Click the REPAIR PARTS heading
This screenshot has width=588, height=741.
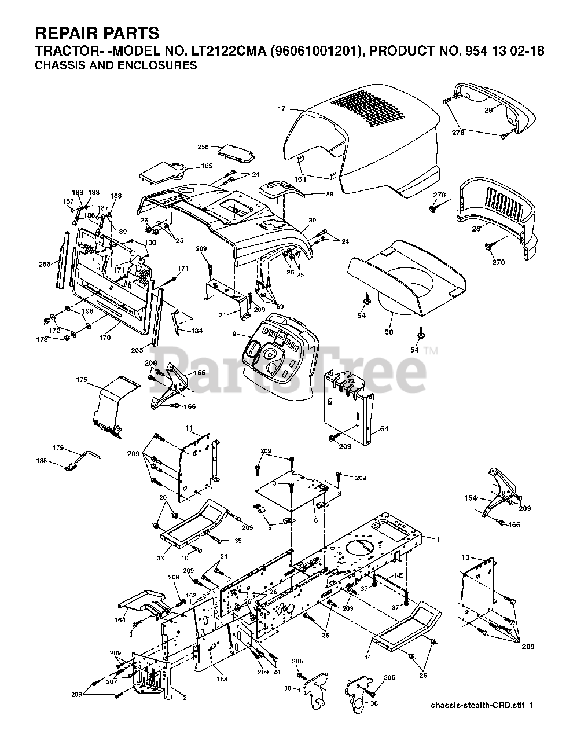click(97, 32)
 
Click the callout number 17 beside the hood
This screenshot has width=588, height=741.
click(282, 109)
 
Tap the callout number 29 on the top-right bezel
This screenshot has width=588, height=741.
click(488, 110)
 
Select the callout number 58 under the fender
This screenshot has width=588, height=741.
click(389, 332)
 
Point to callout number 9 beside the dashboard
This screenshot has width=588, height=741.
click(234, 334)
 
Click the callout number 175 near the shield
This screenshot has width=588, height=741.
click(82, 380)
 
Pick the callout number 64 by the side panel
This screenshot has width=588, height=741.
click(384, 429)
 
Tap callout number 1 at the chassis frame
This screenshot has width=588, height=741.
click(438, 540)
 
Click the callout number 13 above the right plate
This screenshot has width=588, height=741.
click(465, 557)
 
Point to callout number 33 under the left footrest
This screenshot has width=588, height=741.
click(160, 558)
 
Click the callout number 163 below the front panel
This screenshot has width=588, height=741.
click(222, 678)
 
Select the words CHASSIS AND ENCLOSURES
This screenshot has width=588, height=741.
click(116, 65)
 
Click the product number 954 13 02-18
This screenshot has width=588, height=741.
click(504, 51)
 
